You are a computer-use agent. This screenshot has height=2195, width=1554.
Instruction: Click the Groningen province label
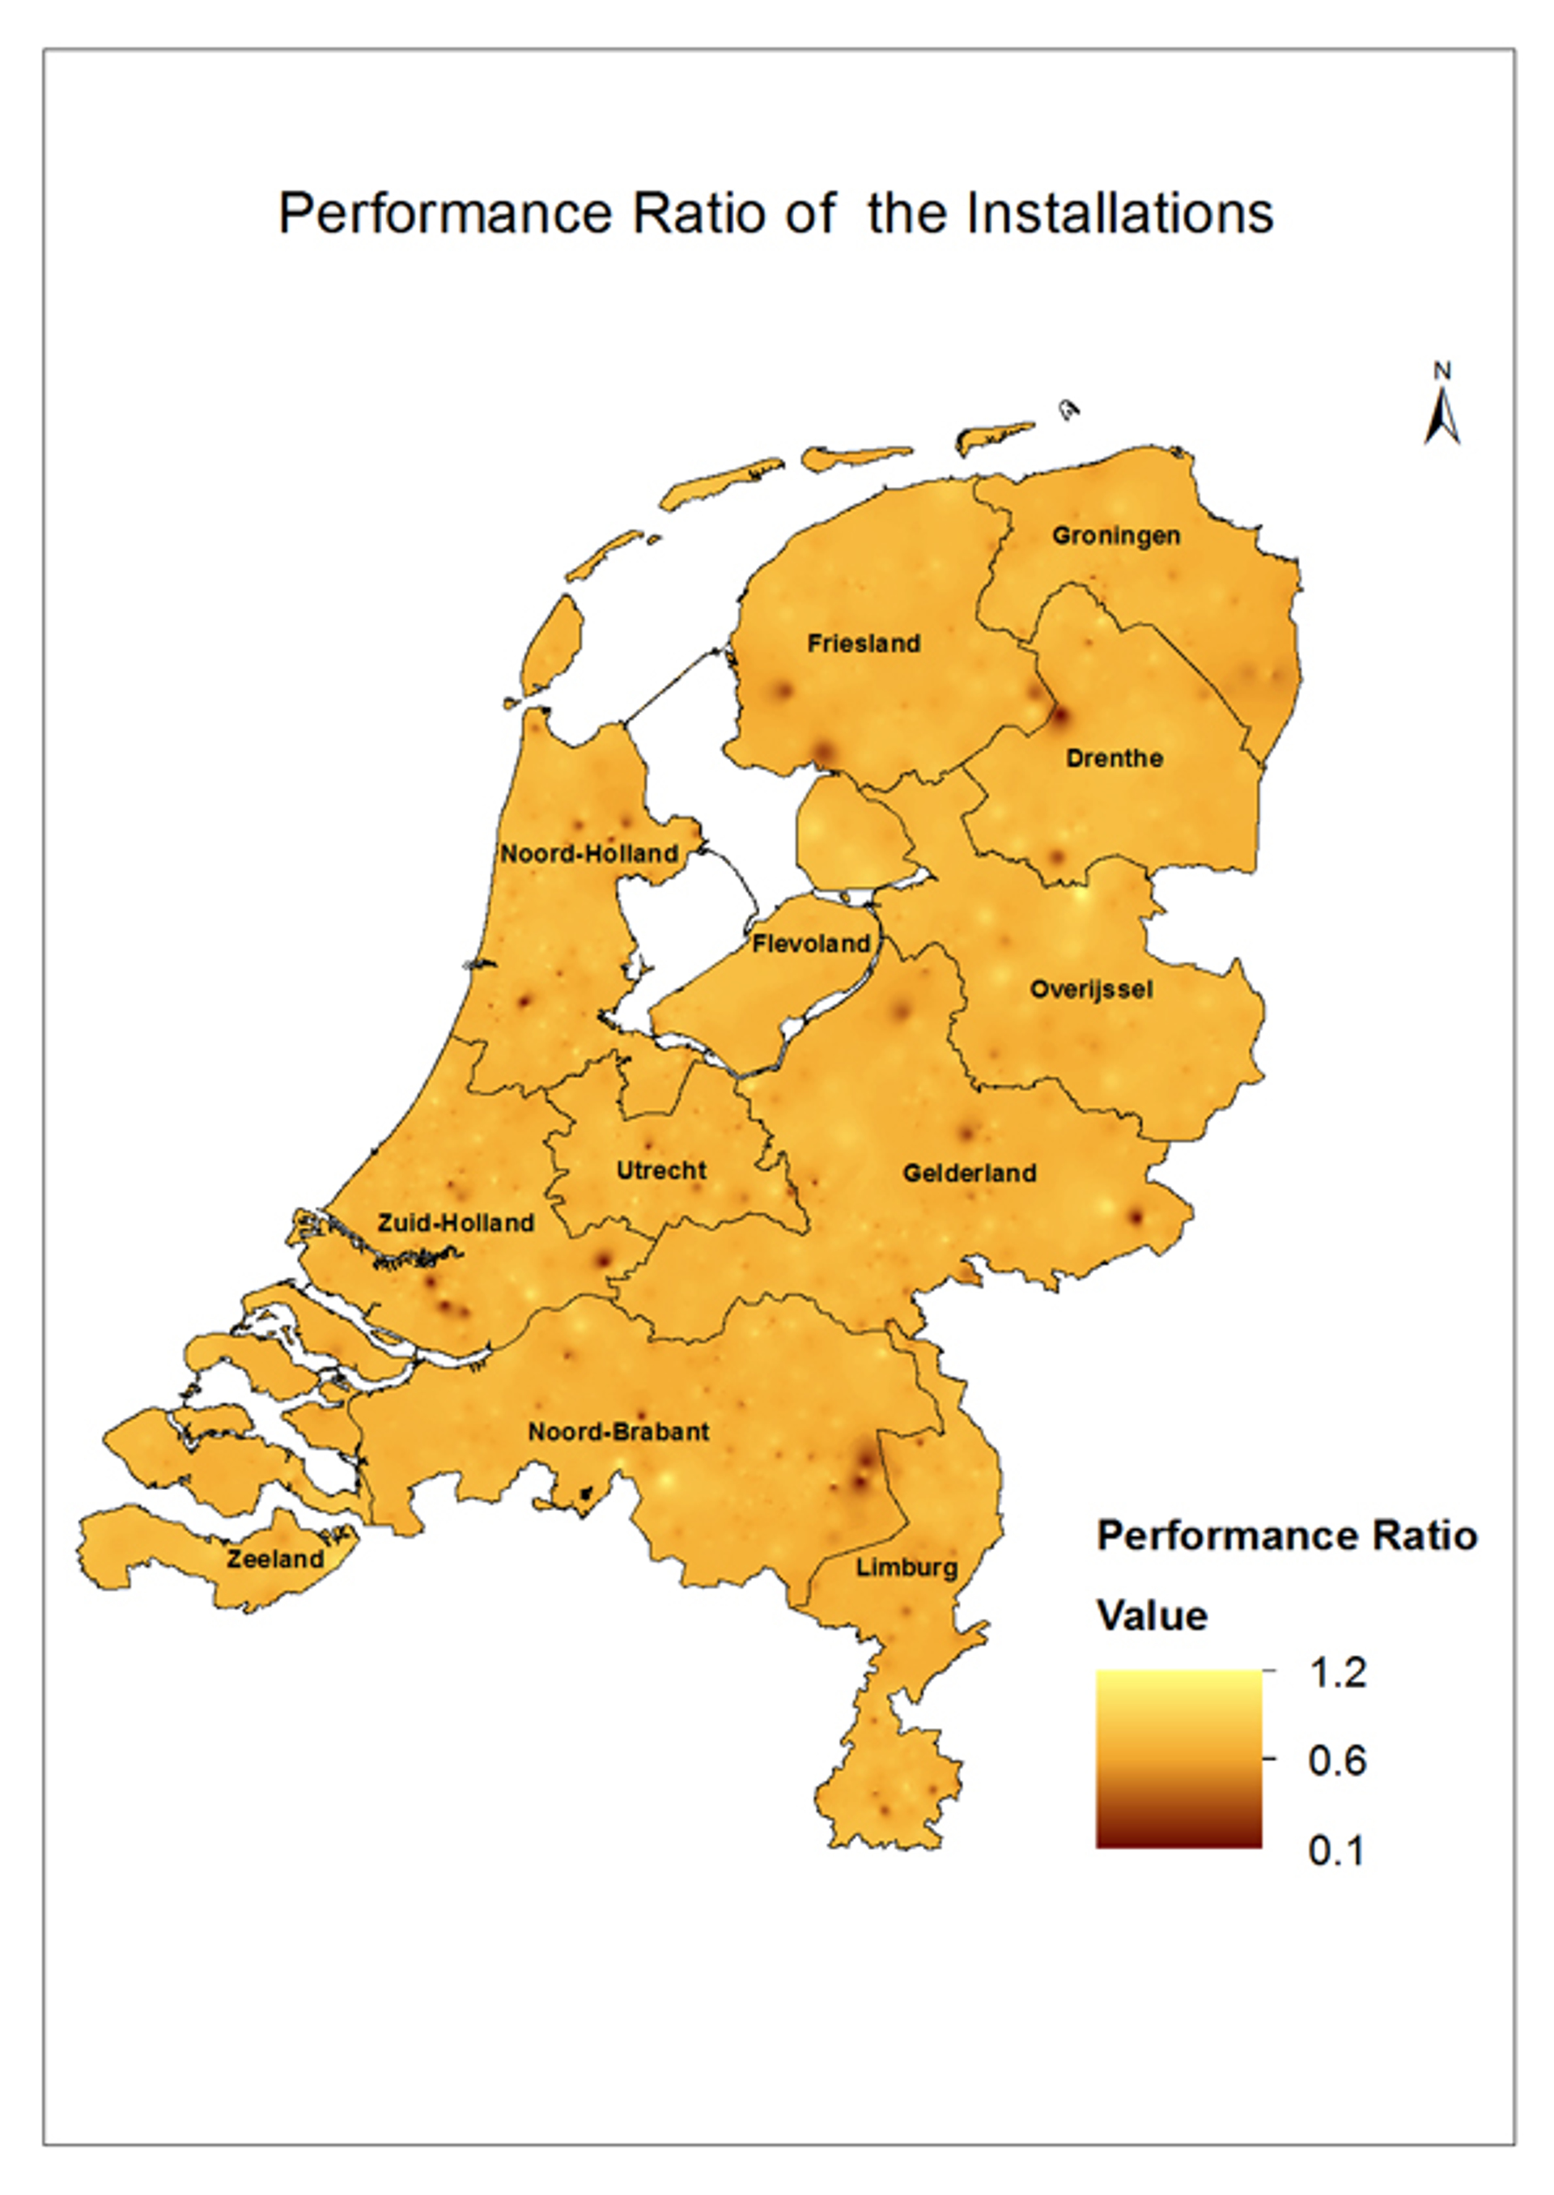point(1116,536)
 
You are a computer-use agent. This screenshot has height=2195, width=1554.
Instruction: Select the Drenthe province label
point(1114,758)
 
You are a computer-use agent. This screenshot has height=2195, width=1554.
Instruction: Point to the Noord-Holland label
point(589,854)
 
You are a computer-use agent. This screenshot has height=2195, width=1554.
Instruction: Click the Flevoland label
point(812,944)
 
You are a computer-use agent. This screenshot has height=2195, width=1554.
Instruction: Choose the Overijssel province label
point(1091,989)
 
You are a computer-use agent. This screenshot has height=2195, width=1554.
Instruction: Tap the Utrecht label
point(661,1170)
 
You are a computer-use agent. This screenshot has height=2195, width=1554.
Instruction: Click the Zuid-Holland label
point(456,1223)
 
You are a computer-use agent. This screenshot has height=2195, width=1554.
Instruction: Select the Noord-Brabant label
point(619,1433)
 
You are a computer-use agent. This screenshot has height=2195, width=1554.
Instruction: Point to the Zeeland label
point(274,1560)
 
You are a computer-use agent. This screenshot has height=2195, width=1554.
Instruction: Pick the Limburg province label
point(906,1569)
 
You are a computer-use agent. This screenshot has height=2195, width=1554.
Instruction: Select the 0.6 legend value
point(1338,1761)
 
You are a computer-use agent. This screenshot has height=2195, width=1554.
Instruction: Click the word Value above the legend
point(1152,1616)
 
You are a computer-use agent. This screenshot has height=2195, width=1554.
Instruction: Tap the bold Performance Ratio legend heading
point(1286,1537)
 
